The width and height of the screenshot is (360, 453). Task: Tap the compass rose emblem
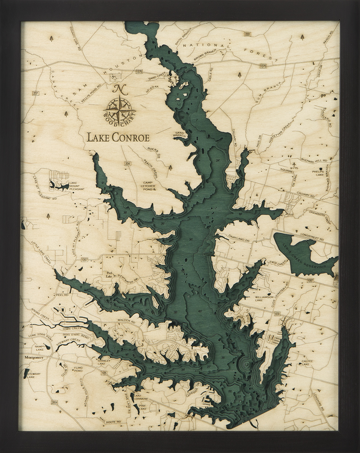coord(119,106)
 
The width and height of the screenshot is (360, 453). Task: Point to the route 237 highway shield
coord(35,93)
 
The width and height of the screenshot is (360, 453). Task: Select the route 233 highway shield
coord(248,34)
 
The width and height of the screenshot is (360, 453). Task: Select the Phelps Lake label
coord(318,173)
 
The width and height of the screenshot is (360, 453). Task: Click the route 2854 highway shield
coord(54,402)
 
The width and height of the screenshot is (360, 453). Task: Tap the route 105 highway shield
coord(104,373)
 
